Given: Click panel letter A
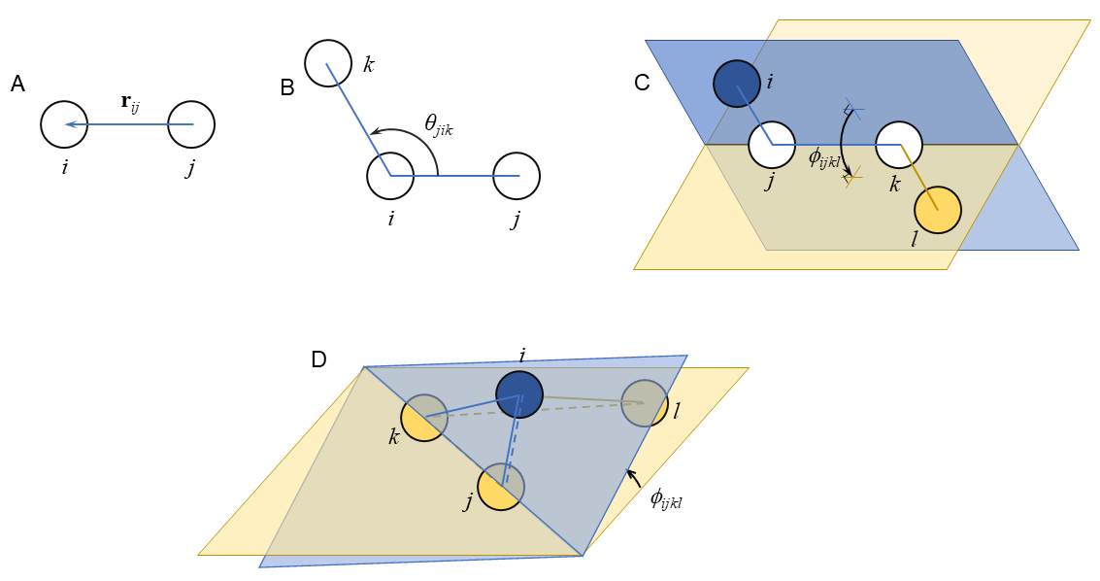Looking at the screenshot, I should coord(17,85).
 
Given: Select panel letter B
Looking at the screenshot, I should coord(286,88).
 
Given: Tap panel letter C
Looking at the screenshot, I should coord(642,83).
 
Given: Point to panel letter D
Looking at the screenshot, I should coord(318,359).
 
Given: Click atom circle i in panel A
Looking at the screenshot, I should coord(64,124).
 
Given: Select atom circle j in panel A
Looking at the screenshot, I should coord(191,124).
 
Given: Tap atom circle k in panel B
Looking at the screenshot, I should coord(328,63).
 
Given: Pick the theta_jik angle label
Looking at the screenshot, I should coord(438,123).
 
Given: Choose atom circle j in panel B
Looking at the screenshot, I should coord(517,176).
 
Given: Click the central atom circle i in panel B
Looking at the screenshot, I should coord(390,176).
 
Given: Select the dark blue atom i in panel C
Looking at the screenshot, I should coord(737,84).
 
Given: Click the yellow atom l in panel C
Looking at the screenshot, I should coord(938,210).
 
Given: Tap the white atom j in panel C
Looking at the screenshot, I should coord(772,145).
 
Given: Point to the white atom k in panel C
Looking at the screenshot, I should coord(899,145).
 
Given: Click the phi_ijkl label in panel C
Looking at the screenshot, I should coord(824,158).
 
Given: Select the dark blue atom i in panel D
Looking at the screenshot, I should coord(519,394).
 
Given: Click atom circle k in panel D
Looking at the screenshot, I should coord(424,418).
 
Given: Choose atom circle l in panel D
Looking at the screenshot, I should coord(645,403).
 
